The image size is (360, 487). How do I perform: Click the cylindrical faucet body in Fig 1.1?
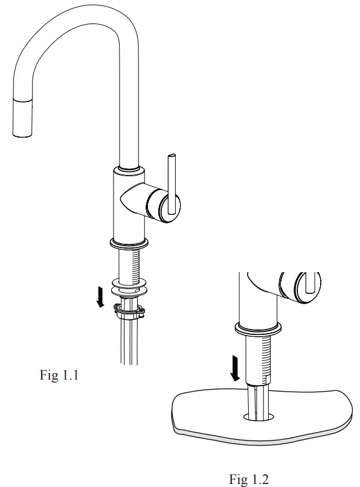129,205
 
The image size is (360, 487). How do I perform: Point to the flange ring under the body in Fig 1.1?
129,244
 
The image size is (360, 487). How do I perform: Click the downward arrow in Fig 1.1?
101,297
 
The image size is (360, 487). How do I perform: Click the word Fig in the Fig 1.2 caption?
238,479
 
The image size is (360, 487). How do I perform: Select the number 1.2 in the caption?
259,479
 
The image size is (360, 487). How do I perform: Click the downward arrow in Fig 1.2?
236,368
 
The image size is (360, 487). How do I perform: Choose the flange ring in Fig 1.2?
258,329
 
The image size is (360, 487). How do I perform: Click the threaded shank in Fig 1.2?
258,359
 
